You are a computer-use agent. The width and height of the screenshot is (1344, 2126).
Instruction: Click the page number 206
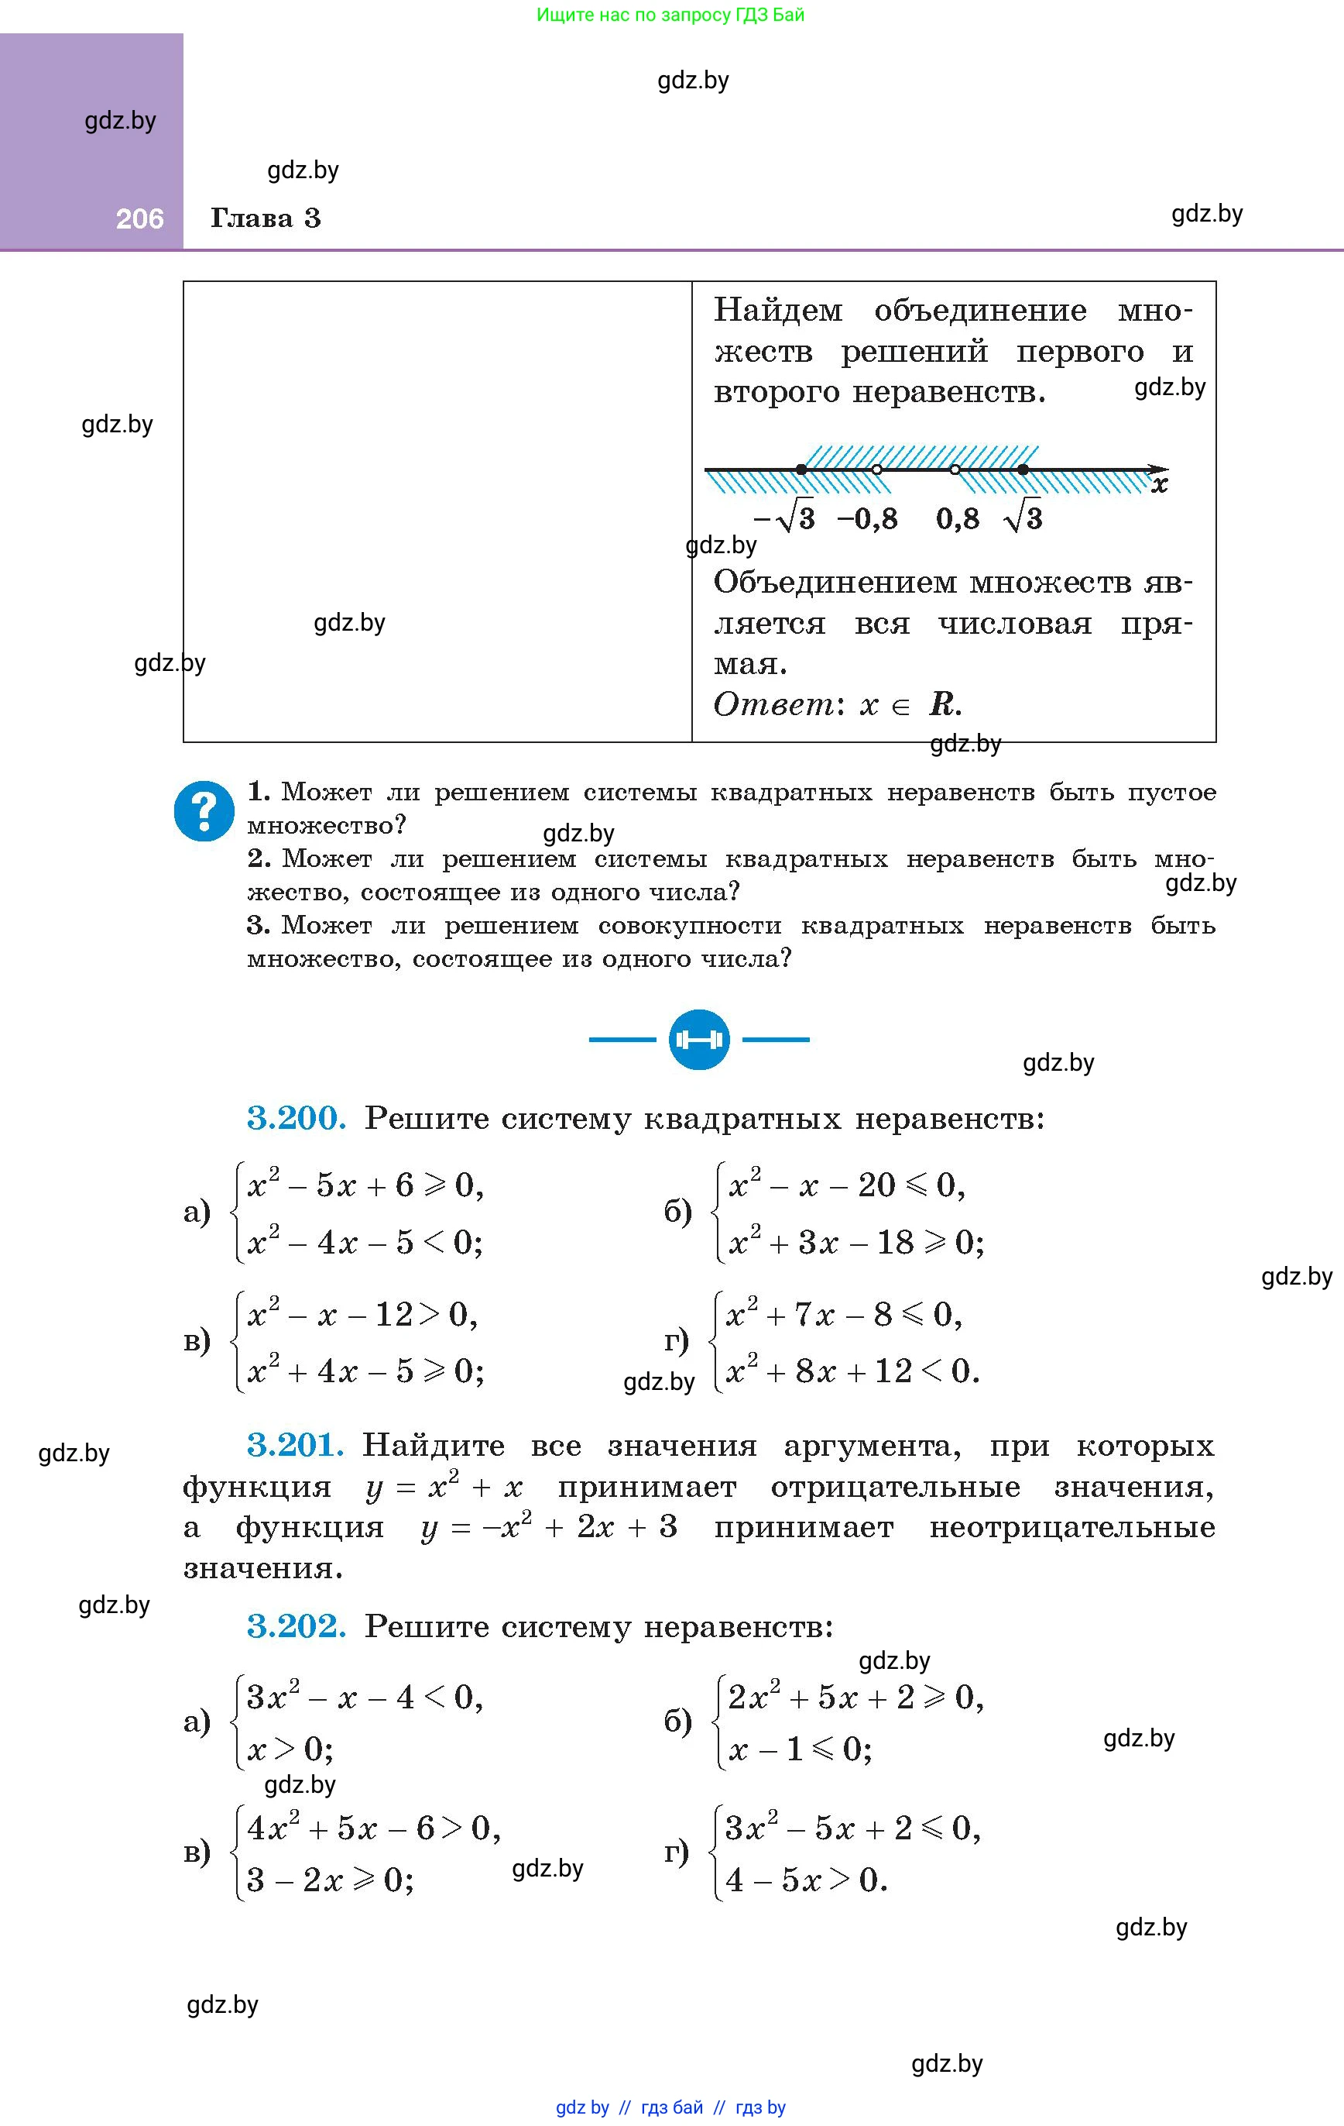tap(139, 219)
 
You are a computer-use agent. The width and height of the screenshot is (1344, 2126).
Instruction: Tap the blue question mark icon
tap(204, 810)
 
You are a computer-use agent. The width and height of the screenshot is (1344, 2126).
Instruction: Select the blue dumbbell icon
tap(699, 1039)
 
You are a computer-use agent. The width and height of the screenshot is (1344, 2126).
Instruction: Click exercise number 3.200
tap(296, 1119)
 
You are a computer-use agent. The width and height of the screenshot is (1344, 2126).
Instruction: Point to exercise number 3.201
tap(295, 1445)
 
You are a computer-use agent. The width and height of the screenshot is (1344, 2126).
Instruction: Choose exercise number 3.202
tap(296, 1625)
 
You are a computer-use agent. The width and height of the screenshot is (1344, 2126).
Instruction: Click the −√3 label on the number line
tap(784, 518)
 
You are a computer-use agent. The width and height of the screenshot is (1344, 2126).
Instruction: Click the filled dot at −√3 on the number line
tap(801, 470)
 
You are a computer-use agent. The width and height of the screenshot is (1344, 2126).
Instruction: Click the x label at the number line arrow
tap(1160, 485)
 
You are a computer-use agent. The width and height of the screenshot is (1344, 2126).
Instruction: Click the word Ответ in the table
tap(773, 704)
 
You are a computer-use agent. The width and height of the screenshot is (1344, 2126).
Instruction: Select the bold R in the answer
tap(941, 704)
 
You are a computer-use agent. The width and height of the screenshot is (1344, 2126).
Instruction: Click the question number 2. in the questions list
tap(259, 858)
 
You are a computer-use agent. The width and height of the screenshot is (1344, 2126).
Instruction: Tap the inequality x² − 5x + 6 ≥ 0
tap(365, 1185)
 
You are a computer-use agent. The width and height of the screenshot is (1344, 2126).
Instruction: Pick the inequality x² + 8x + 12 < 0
tap(851, 1371)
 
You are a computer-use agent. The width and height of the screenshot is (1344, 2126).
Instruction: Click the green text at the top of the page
tap(670, 15)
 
